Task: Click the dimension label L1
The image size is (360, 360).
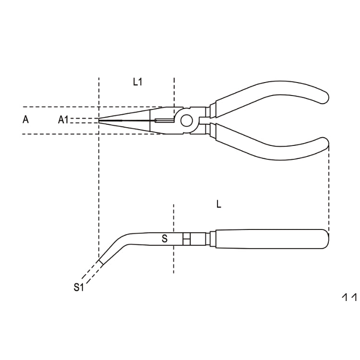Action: point(138,82)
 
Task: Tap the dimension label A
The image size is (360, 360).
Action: point(26,120)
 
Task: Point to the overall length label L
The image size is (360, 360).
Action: point(218,204)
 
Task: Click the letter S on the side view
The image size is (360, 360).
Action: point(164,239)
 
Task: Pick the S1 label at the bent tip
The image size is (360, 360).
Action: point(79,288)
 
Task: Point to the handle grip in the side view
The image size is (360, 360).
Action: point(269,239)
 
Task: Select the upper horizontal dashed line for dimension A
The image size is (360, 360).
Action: point(58,107)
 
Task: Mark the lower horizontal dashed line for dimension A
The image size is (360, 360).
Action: point(58,134)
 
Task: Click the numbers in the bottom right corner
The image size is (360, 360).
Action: point(349,298)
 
